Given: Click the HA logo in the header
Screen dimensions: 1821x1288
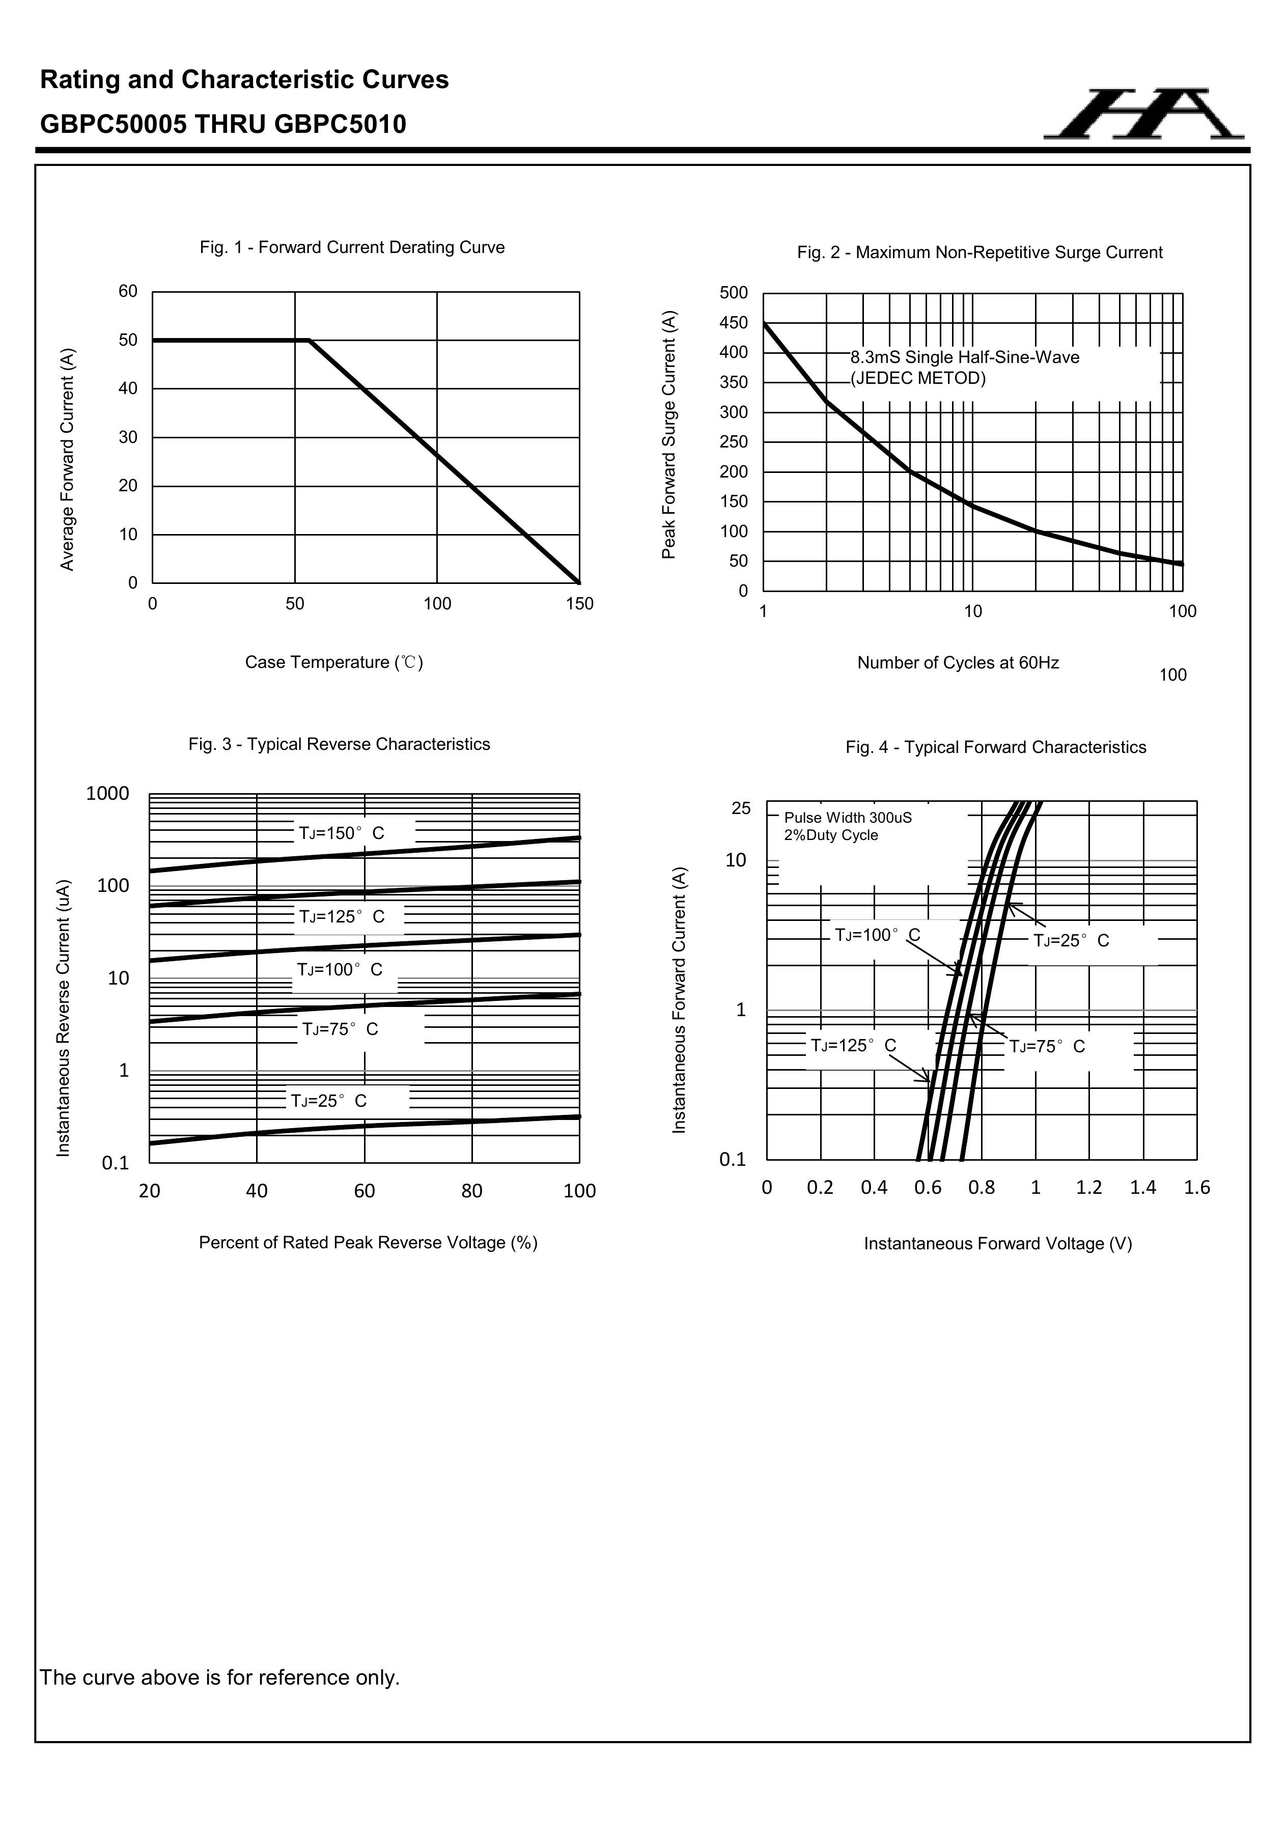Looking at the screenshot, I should [x=1143, y=115].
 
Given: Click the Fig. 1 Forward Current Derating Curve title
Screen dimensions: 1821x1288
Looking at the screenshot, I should [x=352, y=247].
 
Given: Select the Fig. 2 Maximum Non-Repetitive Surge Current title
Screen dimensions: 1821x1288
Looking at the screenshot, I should [x=979, y=252].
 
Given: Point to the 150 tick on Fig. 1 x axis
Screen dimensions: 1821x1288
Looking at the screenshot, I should [x=580, y=604].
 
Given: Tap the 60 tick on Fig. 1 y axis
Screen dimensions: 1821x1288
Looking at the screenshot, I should [x=128, y=291].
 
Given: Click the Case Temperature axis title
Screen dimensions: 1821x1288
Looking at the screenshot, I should [x=334, y=662].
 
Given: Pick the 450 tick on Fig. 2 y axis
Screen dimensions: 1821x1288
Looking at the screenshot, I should [x=734, y=323].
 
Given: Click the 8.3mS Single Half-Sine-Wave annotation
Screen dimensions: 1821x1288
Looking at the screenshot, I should [x=964, y=358].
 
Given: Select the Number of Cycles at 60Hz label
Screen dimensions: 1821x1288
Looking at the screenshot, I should [x=958, y=663].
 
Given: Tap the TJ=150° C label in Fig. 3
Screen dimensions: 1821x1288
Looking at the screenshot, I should [x=341, y=833].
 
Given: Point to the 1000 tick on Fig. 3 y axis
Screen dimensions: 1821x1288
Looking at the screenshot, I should [x=108, y=794].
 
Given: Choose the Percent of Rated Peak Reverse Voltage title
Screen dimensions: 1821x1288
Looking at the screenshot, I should [x=368, y=1243].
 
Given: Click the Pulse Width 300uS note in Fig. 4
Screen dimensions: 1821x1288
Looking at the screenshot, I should [x=848, y=818].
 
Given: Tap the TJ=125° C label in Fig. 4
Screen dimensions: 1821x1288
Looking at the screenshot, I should [x=853, y=1045].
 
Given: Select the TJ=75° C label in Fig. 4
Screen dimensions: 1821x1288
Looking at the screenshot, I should [x=1047, y=1047].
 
